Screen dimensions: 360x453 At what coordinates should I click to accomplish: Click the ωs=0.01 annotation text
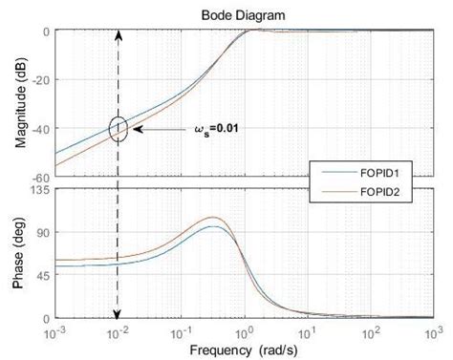(x=219, y=127)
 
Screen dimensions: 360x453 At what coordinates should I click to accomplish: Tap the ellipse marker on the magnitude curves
(x=119, y=128)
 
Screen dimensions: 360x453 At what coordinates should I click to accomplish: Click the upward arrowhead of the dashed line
(x=119, y=34)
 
